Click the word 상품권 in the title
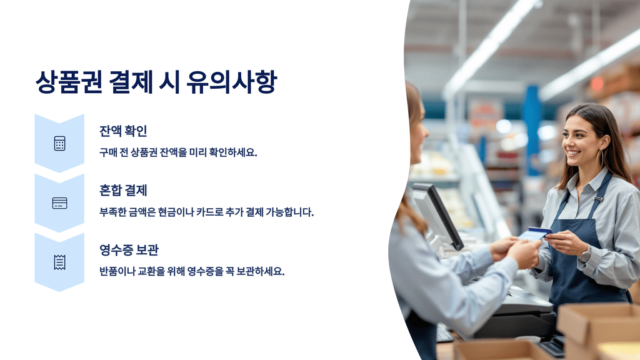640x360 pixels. [68, 82]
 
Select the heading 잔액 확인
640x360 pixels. [123, 131]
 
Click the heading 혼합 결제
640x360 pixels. [123, 191]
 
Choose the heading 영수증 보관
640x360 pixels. [129, 250]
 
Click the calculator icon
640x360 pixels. [59, 144]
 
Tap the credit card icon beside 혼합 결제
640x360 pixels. [59, 203]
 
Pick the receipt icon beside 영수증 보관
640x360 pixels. [59, 262]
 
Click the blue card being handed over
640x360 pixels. [536, 233]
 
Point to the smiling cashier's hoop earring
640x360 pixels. [602, 157]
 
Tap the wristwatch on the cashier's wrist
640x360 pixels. [585, 254]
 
